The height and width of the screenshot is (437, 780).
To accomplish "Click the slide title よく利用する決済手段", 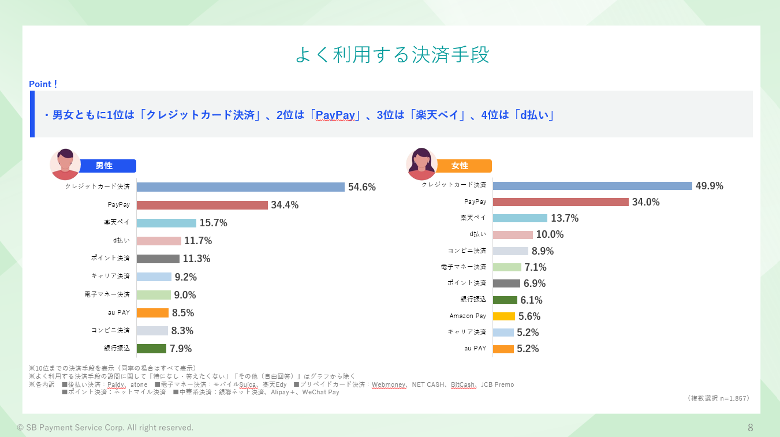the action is point(393,55).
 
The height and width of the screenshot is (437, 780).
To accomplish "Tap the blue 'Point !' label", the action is point(43,84).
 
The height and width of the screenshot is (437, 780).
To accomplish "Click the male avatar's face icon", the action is point(65,164).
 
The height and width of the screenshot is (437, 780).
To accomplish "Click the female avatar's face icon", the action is point(421,163).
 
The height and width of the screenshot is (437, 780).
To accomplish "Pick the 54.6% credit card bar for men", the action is point(241,187).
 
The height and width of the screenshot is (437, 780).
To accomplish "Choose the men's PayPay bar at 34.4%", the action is point(202,205).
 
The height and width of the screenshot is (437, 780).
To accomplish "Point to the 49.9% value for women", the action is point(710,186).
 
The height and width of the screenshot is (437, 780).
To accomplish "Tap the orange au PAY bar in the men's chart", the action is point(152,313).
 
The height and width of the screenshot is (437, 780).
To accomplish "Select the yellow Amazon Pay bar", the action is point(504,316).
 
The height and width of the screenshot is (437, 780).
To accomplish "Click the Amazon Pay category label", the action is point(468,316).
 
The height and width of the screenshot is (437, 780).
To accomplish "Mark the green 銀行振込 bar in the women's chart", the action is point(505,300).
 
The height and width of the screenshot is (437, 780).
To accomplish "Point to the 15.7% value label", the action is point(214,223).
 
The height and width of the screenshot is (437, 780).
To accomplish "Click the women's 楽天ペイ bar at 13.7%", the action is point(520,218).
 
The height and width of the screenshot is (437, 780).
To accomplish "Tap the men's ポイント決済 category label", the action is point(110,258).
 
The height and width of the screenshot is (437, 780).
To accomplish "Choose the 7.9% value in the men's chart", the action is point(181,349).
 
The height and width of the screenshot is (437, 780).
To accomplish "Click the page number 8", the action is point(751,427).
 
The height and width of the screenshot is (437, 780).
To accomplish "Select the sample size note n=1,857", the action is point(719,398).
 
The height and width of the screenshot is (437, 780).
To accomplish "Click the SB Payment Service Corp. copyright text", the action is point(105,428).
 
